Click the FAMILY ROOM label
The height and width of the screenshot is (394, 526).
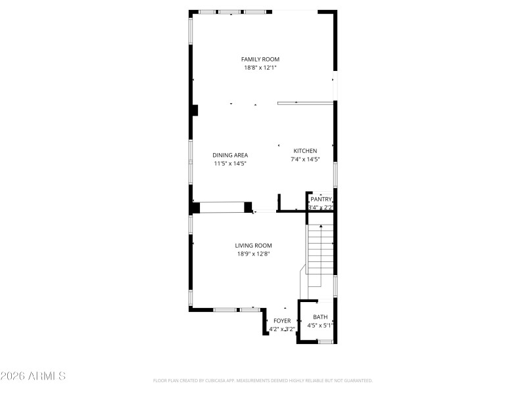pyautogui.click(x=260, y=59)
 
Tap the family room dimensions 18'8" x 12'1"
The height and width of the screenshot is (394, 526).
pyautogui.click(x=260, y=68)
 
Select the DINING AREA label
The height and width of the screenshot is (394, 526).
pyautogui.click(x=230, y=155)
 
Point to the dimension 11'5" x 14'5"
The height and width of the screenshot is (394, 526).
pyautogui.click(x=230, y=164)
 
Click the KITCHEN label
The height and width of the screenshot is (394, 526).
pyautogui.click(x=305, y=150)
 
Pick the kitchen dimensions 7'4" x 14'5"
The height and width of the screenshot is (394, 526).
pyautogui.click(x=305, y=159)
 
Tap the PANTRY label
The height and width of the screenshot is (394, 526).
pyautogui.click(x=321, y=199)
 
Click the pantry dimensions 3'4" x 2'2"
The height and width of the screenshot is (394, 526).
pyautogui.click(x=321, y=207)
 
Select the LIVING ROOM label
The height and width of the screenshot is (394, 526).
pyautogui.click(x=254, y=246)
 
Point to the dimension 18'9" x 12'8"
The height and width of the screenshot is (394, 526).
pyautogui.click(x=254, y=254)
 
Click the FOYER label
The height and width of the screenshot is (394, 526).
pyautogui.click(x=282, y=320)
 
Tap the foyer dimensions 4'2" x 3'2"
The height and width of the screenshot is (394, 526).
pyautogui.click(x=281, y=329)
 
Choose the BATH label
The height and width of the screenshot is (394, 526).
pyautogui.click(x=320, y=317)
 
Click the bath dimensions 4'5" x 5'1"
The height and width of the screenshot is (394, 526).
pyautogui.click(x=320, y=325)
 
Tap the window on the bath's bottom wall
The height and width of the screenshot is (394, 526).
pyautogui.click(x=323, y=341)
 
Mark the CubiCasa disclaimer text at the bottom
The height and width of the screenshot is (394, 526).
pyautogui.click(x=263, y=380)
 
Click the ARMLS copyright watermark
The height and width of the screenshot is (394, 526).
pyautogui.click(x=33, y=376)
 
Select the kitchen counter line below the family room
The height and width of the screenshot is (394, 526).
pyautogui.click(x=306, y=102)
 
